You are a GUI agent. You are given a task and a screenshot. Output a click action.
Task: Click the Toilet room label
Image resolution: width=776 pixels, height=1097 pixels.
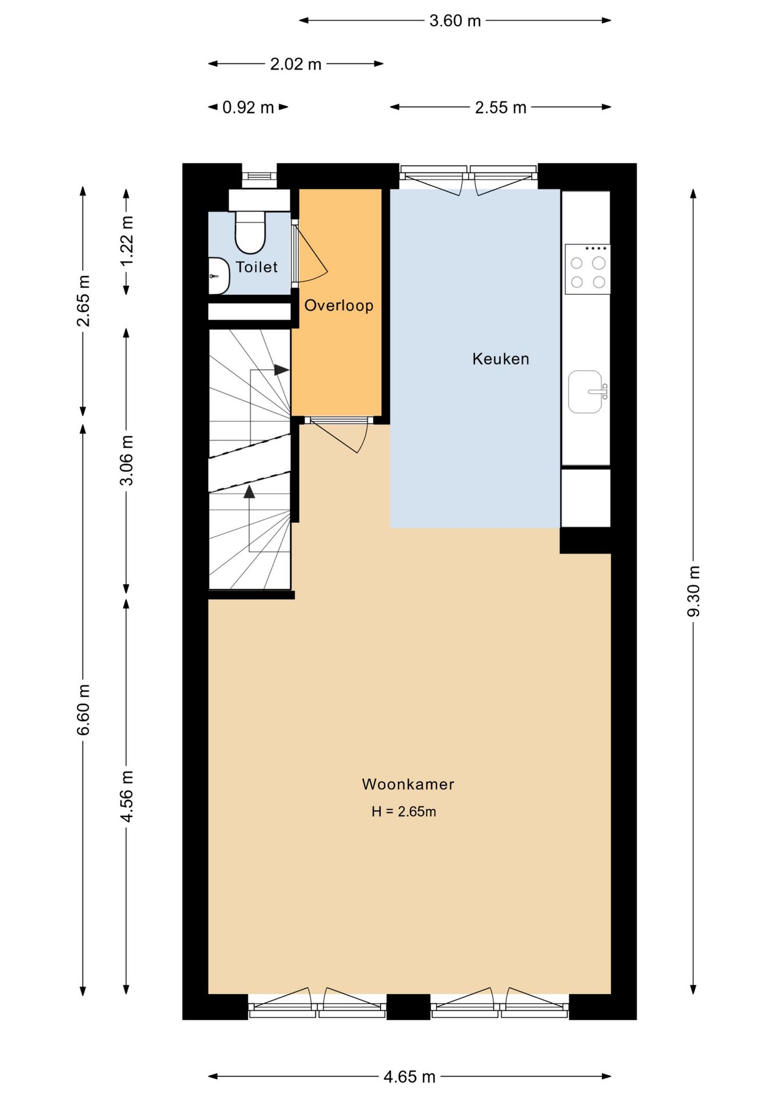coord(257,267)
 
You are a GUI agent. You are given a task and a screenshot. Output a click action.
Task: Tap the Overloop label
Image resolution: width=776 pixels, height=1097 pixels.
coord(339,306)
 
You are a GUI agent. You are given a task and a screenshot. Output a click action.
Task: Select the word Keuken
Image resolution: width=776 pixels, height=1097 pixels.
coord(501,359)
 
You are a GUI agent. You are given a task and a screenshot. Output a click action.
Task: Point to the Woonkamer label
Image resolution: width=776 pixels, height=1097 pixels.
coord(408,784)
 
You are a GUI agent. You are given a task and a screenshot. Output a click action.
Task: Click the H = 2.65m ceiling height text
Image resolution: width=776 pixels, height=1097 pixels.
coord(404,811)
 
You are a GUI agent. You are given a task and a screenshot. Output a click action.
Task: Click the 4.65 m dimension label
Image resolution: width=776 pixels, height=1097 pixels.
coord(410,1077)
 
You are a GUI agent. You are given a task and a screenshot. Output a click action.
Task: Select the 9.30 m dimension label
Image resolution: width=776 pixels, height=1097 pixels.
coord(694,591)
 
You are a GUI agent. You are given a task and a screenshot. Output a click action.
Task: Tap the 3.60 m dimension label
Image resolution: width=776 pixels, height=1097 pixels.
coord(455,21)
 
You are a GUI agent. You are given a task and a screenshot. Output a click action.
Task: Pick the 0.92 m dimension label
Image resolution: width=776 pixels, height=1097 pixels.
coord(248,107)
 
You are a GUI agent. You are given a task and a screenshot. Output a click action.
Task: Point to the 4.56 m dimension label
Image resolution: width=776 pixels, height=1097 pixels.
coord(127,796)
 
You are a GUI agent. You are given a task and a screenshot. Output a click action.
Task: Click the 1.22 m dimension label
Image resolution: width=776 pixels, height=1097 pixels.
coord(127,241)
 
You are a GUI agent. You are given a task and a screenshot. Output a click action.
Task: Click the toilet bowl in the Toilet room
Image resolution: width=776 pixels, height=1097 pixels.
coord(250,232)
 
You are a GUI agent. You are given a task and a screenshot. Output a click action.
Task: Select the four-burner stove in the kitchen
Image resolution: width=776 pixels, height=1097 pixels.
coord(587,269)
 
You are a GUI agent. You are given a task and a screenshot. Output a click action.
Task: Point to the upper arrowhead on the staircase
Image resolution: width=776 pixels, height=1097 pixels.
coord(281,370)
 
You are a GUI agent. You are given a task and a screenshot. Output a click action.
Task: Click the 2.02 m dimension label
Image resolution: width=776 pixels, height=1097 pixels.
coord(295,64)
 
